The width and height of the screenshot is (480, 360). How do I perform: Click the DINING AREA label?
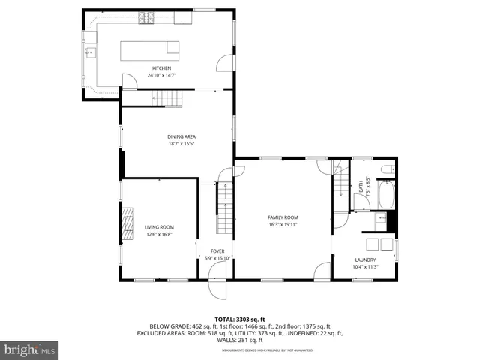point(181,136)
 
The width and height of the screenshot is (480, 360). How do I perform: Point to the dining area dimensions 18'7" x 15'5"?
point(181,144)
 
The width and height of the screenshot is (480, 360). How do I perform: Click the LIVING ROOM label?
point(159,227)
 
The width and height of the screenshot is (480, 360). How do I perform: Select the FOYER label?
point(217,252)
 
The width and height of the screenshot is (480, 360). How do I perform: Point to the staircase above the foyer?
point(226,208)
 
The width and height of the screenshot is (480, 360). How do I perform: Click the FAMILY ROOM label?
point(283,217)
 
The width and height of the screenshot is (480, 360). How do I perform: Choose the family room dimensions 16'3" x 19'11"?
point(283,224)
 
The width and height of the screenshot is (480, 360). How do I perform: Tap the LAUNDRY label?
point(365,260)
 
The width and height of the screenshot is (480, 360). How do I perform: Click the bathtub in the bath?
point(388,196)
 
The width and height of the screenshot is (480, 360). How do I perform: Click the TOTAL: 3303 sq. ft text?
point(240,319)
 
